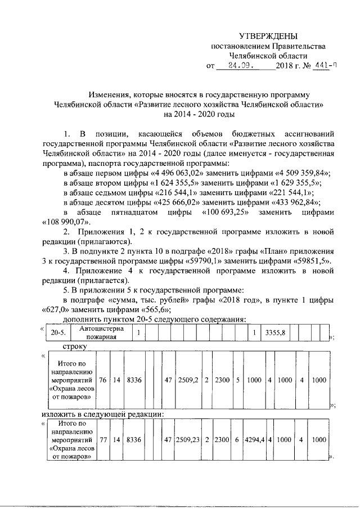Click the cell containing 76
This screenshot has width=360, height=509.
click(102, 380)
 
